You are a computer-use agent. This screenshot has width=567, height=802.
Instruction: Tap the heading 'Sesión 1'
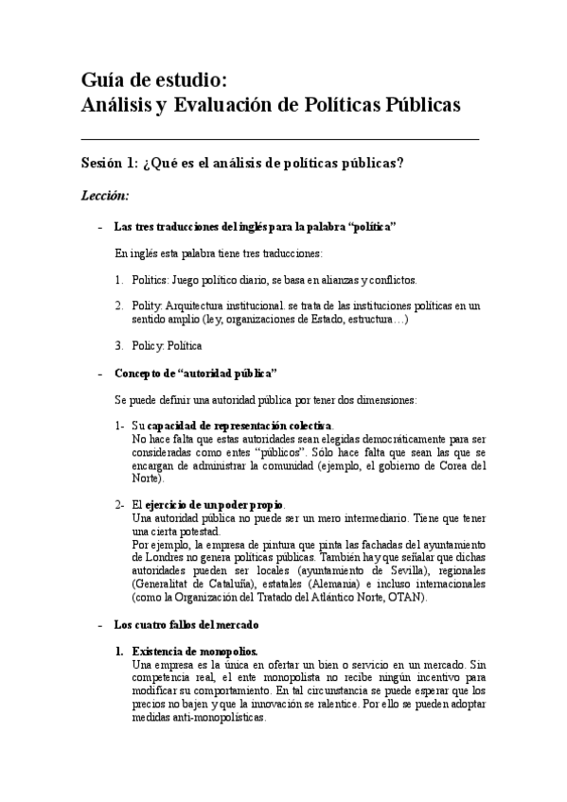(x=108, y=163)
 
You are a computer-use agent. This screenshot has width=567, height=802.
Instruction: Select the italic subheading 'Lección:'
(x=104, y=196)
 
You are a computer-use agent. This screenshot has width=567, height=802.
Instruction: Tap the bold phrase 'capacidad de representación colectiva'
(x=239, y=426)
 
